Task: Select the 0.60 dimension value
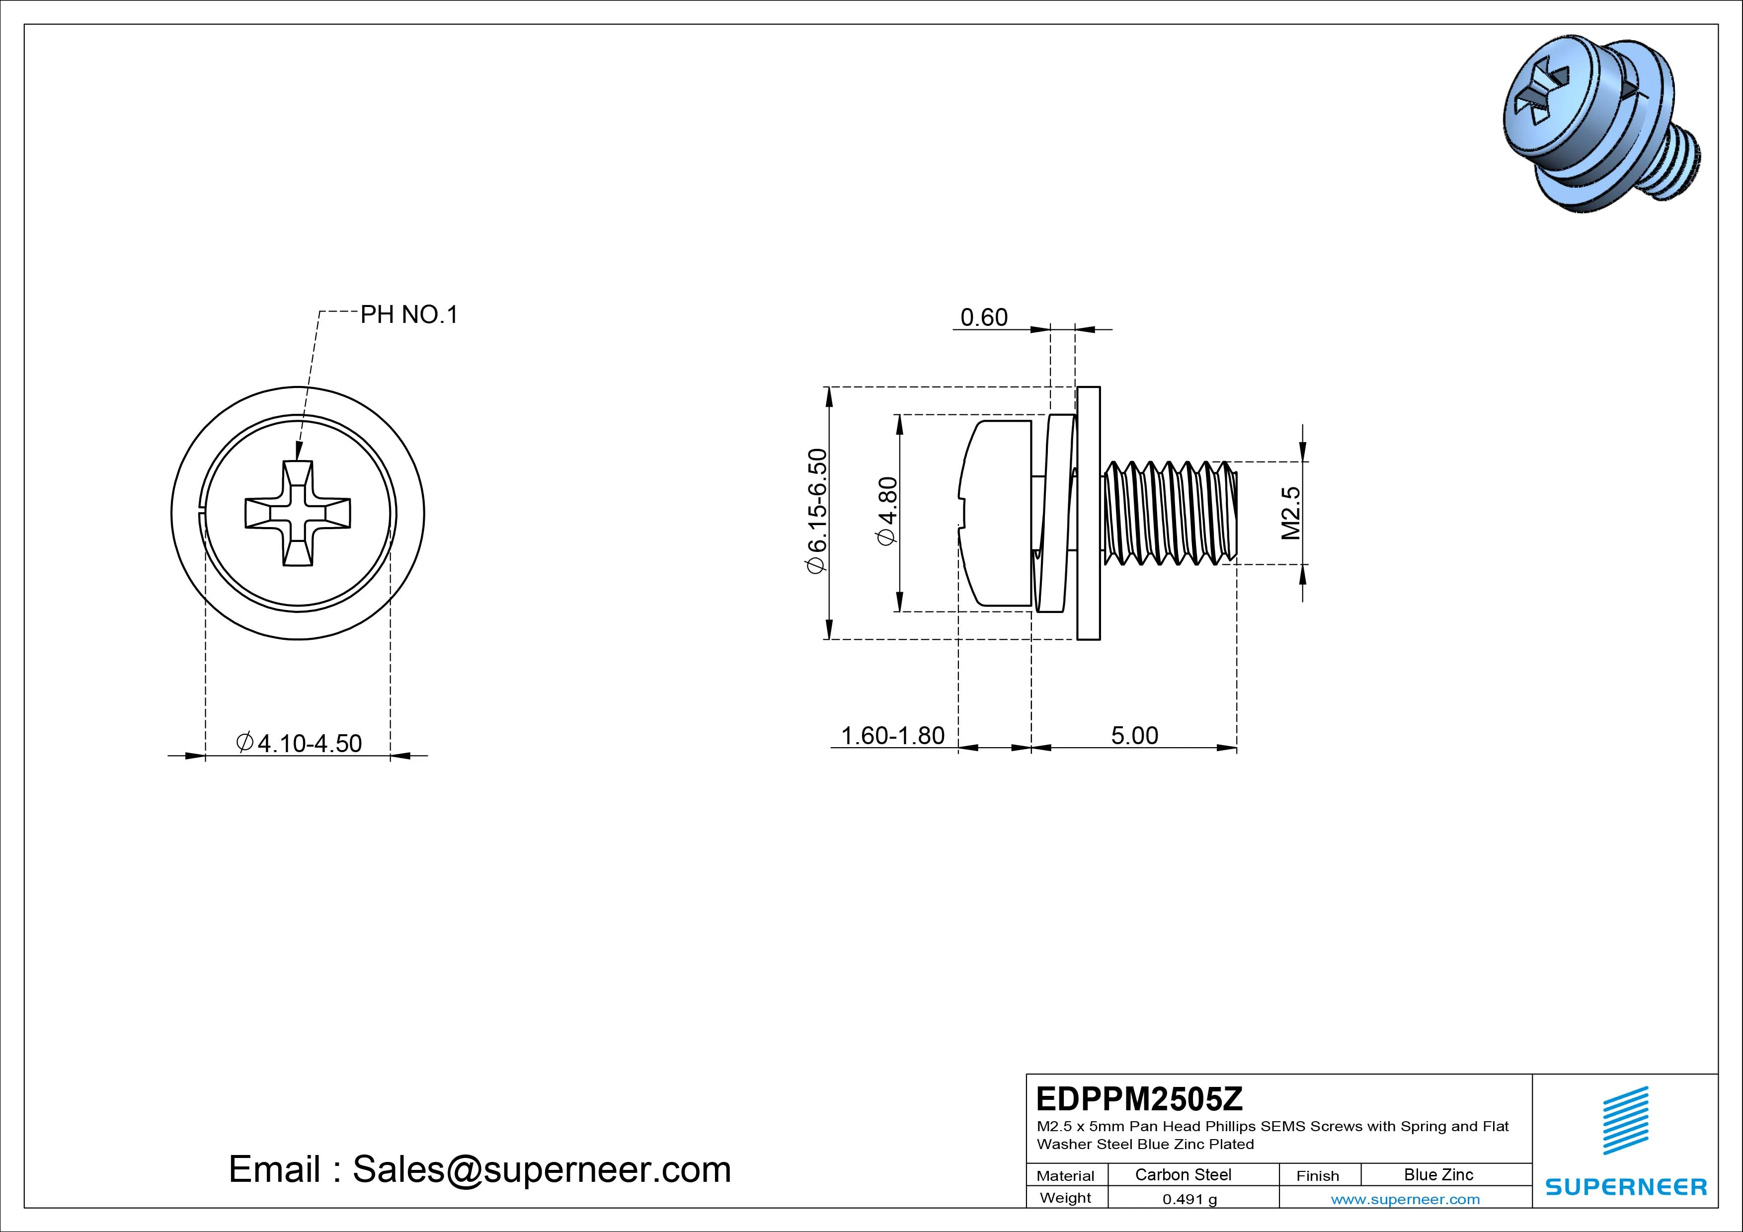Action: [984, 317]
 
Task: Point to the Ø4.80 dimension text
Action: [887, 511]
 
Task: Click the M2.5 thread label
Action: [1290, 513]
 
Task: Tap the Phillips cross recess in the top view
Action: [298, 513]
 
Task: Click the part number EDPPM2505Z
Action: [1139, 1098]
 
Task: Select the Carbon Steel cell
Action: [1183, 1174]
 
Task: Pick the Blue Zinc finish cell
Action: [1438, 1174]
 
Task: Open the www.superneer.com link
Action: [1405, 1199]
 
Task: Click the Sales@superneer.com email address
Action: [541, 1170]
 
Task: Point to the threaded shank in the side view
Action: [1169, 513]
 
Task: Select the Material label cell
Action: [1065, 1176]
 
